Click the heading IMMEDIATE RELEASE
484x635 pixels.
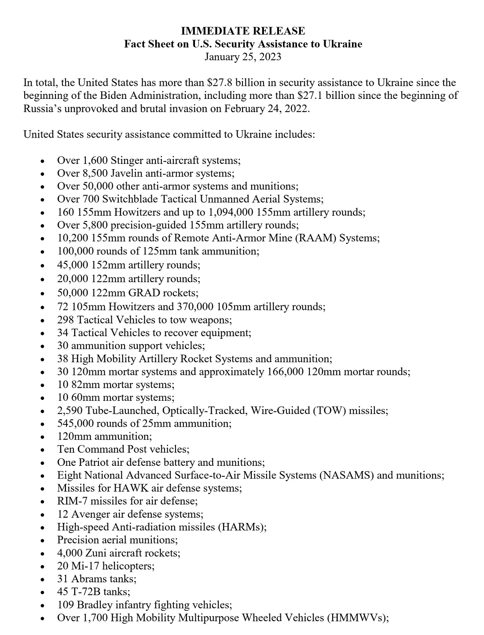tap(243, 31)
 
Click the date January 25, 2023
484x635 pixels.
tap(243, 57)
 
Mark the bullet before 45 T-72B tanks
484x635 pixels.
tap(42, 592)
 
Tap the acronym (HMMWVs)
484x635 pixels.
tap(357, 618)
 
